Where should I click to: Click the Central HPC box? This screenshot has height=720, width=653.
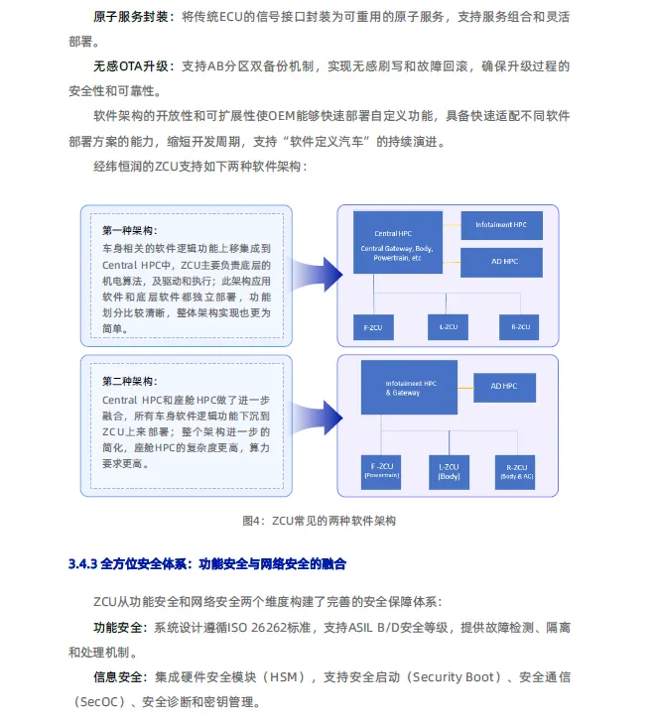pos(398,241)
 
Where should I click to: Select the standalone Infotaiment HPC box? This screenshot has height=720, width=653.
pos(501,225)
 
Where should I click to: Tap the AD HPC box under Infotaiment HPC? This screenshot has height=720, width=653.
pos(501,262)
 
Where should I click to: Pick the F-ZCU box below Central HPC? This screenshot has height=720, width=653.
pos(374,326)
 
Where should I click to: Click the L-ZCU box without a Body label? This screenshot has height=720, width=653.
pos(448,326)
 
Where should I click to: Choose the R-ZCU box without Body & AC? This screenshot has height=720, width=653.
pos(521,326)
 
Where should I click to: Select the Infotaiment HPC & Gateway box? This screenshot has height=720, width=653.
pos(411,387)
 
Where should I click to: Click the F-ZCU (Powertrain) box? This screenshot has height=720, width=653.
pos(381,470)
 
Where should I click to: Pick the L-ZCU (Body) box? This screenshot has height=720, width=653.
pos(449,470)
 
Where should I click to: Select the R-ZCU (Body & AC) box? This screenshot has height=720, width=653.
pos(517,470)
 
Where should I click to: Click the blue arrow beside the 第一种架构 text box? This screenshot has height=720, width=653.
pos(318,268)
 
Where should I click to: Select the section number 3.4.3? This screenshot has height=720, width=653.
pos(81,564)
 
